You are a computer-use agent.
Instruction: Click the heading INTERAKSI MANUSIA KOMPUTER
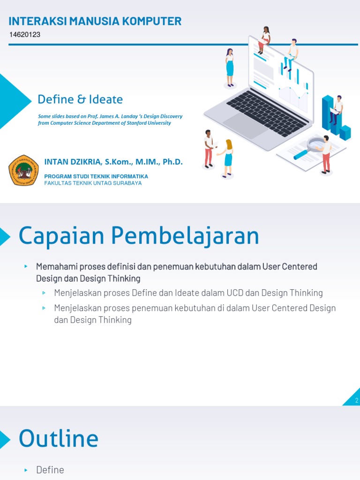(x=95, y=21)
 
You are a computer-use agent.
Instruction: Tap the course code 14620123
(x=25, y=35)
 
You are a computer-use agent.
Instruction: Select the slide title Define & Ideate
(x=80, y=99)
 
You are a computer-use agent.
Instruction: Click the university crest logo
(x=24, y=170)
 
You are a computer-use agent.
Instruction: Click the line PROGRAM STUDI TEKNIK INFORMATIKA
(x=96, y=176)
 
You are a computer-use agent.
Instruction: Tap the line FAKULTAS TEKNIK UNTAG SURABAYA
(x=93, y=183)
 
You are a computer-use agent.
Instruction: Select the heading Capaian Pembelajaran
(x=139, y=236)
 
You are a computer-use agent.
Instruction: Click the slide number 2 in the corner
(x=357, y=400)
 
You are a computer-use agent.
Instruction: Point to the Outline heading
(x=59, y=439)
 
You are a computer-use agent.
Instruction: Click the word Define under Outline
(x=50, y=470)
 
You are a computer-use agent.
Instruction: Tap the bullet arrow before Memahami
(x=27, y=266)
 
